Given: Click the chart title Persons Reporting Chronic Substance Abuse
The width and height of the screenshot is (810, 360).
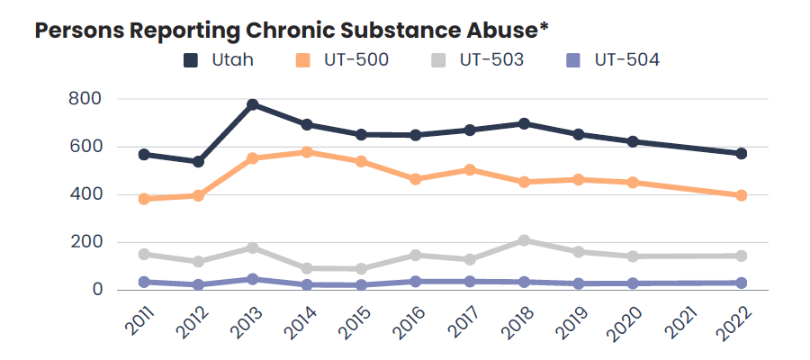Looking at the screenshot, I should [291, 29].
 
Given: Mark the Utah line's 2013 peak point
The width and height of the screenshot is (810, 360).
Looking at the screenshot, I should [253, 104].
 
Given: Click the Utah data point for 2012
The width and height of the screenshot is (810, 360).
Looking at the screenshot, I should [199, 161].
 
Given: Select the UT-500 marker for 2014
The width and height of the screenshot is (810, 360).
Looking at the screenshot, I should [307, 152].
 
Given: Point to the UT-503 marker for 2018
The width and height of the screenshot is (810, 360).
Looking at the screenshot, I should [524, 240].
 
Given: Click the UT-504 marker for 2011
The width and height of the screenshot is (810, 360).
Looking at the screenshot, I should [144, 282].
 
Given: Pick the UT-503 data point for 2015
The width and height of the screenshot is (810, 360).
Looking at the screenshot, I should [361, 268].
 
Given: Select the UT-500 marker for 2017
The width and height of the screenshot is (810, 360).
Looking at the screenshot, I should [470, 169].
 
